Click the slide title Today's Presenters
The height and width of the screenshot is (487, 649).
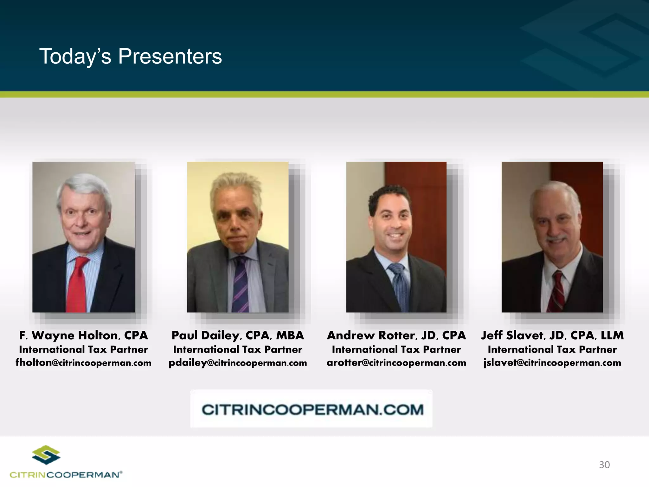131,56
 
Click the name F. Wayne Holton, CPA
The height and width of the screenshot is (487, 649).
84,335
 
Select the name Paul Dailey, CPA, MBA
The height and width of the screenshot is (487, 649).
238,335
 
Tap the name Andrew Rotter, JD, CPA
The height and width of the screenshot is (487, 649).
396,335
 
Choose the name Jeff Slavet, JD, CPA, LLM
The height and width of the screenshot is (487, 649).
552,335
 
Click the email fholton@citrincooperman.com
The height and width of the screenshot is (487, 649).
84,362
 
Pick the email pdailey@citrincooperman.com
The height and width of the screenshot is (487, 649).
238,362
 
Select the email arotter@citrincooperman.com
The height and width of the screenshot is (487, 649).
396,362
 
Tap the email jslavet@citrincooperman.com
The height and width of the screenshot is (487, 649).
552,362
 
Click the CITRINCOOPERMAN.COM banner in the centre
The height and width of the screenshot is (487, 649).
312,409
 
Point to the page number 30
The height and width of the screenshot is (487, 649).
604,465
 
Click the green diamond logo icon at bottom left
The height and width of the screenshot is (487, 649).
46,455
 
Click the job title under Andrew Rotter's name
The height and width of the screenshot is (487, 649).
396,349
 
